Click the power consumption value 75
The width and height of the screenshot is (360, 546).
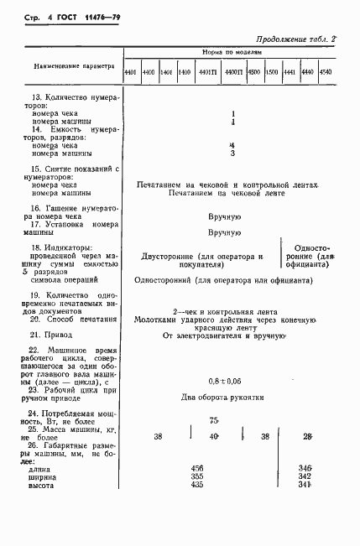(x=214, y=420)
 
